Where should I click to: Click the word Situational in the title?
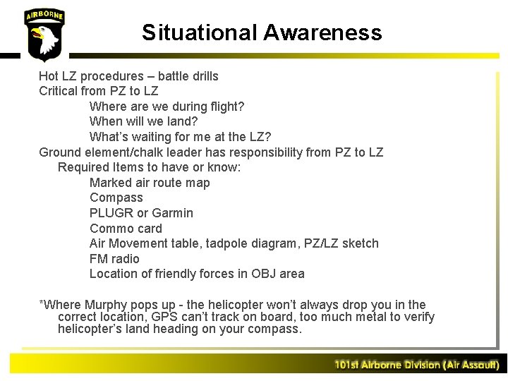pyautogui.click(x=200, y=32)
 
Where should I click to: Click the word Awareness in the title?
pyautogui.click(x=322, y=32)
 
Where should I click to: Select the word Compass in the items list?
pyautogui.click(x=116, y=198)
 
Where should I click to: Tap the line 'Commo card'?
pyautogui.click(x=126, y=229)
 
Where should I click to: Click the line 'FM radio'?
pyautogui.click(x=114, y=259)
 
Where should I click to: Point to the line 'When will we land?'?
pyautogui.click(x=144, y=121)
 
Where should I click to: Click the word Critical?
pyautogui.click(x=59, y=91)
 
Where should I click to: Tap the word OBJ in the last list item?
pyautogui.click(x=260, y=274)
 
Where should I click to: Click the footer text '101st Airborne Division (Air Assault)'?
pyautogui.click(x=416, y=365)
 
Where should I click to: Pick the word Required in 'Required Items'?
pyautogui.click(x=83, y=167)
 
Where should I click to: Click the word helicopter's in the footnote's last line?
pyautogui.click(x=91, y=329)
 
